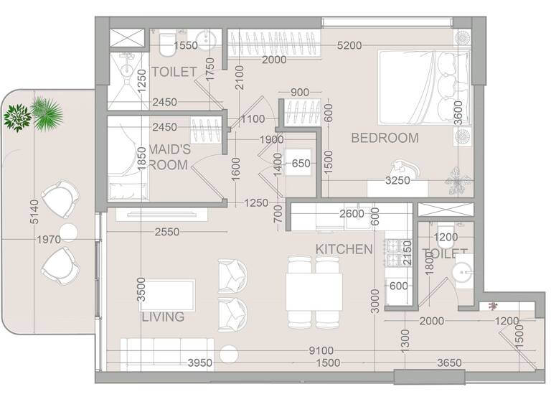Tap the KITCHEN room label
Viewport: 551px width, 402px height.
click(344, 249)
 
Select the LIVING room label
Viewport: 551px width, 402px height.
click(163, 317)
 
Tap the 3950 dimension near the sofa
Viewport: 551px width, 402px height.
click(199, 364)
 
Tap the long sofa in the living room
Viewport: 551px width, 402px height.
click(165, 352)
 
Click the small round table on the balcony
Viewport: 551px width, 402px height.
click(68, 231)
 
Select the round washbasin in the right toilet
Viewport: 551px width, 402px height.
click(461, 271)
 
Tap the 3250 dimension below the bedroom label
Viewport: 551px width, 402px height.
click(397, 181)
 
